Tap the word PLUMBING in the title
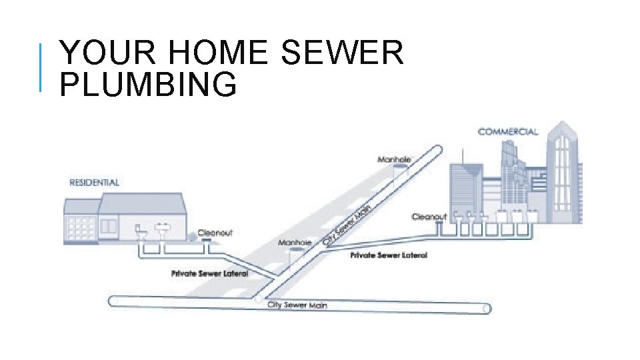148,85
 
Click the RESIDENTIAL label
95,182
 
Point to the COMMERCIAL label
507,132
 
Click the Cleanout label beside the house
215,233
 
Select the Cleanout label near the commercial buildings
429,217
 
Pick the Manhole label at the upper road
394,159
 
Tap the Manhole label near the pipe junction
295,243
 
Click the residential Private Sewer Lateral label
209,273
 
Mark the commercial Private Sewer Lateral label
389,255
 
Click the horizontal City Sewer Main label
297,305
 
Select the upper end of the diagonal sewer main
437,150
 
